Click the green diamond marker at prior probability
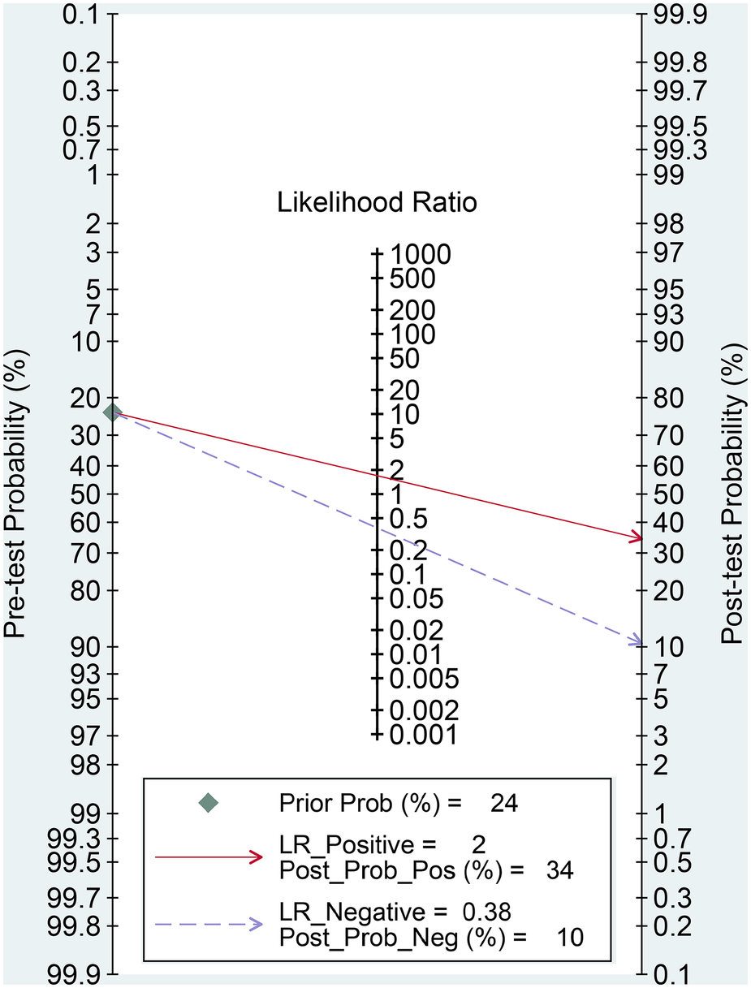point(113,412)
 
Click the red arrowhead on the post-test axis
point(636,538)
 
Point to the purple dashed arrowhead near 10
point(636,643)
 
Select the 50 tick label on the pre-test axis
point(86,494)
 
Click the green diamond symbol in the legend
point(209,803)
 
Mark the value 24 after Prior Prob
point(503,804)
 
